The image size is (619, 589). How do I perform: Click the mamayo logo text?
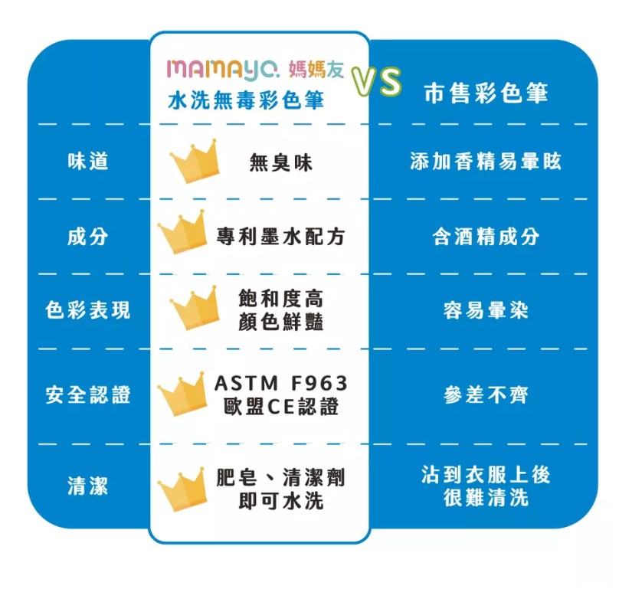point(223,70)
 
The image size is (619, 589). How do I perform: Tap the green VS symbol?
point(376,82)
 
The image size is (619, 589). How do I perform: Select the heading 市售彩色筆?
point(486,93)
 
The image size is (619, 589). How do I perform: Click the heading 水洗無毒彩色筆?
point(246,100)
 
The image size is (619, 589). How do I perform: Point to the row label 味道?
point(87,161)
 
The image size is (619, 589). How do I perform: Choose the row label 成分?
point(87,237)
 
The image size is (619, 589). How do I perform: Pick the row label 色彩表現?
point(87,310)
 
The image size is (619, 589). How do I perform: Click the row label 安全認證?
point(87,394)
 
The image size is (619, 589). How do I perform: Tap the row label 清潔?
point(87,486)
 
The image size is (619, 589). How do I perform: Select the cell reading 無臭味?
point(280,162)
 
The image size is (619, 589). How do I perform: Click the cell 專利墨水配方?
point(280,237)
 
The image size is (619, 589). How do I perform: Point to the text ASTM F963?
point(280,383)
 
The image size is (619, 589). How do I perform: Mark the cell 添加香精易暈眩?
point(486,161)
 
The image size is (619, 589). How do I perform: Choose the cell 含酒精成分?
point(486,237)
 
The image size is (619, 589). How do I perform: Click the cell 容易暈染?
point(486,310)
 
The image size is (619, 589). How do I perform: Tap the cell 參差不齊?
point(486,394)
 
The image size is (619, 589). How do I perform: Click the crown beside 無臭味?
point(195,162)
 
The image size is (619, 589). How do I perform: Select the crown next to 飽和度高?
point(195,309)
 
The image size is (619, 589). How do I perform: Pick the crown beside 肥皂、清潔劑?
point(183,489)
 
